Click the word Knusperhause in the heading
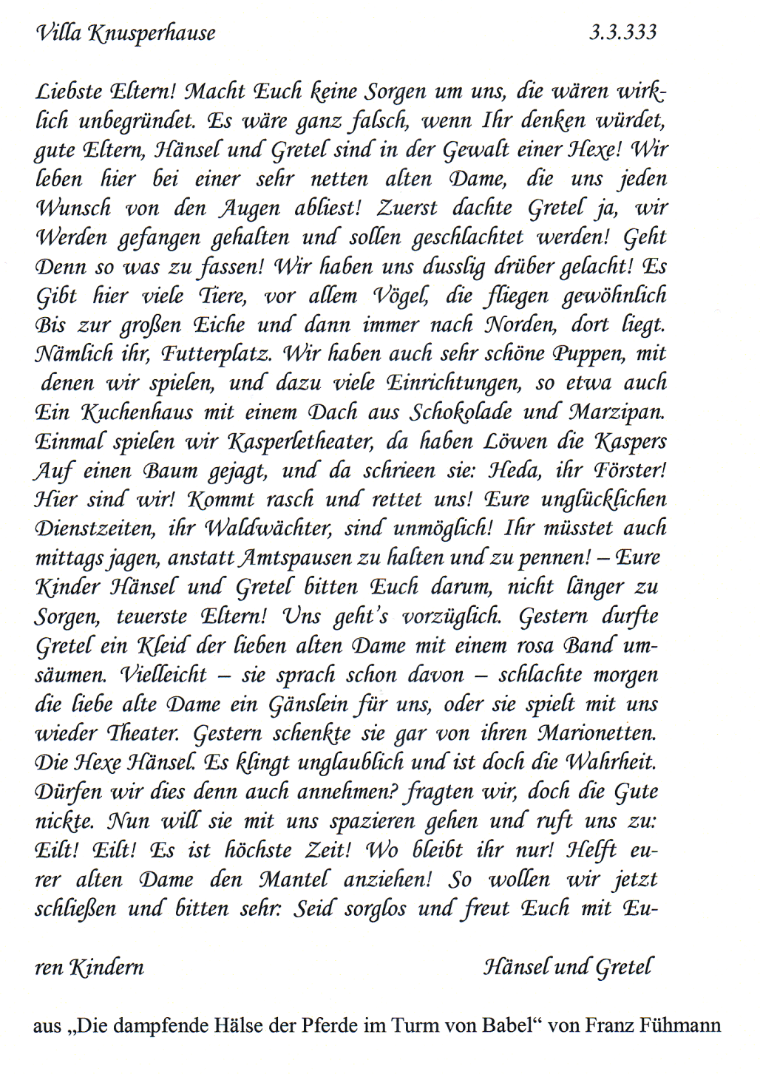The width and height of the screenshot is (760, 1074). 152,33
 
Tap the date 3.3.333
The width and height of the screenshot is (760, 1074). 622,32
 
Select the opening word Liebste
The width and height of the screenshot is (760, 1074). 69,92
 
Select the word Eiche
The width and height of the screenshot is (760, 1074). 219,325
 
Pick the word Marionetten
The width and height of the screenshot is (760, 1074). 596,733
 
